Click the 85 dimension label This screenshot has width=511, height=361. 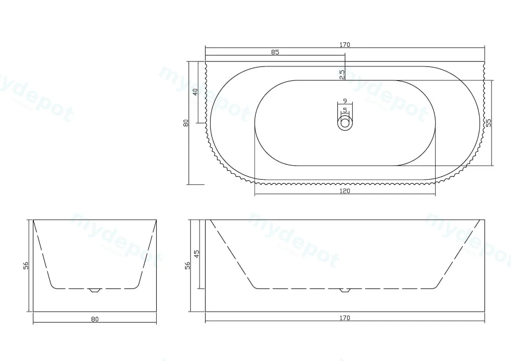pos(275,52)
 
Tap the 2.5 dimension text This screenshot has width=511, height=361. pos(342,75)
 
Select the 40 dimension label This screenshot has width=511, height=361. pos(195,92)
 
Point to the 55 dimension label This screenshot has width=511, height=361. pos(488,123)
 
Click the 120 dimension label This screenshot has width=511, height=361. pos(344,191)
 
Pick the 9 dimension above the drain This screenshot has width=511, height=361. pos(345,101)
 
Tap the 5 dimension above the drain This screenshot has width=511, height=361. pos(345,110)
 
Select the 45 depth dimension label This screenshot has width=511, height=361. pos(197,254)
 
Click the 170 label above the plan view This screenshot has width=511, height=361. pos(344,44)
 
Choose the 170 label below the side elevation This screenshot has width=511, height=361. pos(344,318)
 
